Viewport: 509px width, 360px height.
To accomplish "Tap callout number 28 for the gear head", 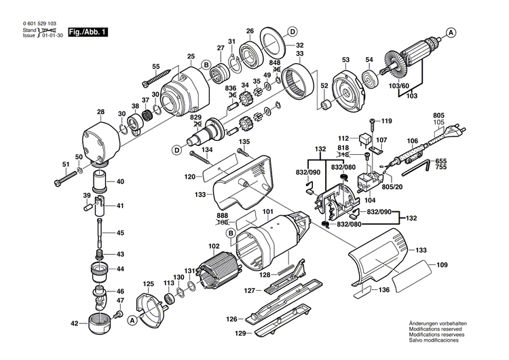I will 100,112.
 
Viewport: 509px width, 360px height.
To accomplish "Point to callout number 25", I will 191,56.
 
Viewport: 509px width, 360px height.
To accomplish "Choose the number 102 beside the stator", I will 214,246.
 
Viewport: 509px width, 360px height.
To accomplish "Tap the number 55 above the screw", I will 155,67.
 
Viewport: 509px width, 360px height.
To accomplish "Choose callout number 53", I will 345,59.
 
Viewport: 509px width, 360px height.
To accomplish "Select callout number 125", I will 148,283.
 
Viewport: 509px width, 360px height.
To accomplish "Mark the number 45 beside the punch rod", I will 120,233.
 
